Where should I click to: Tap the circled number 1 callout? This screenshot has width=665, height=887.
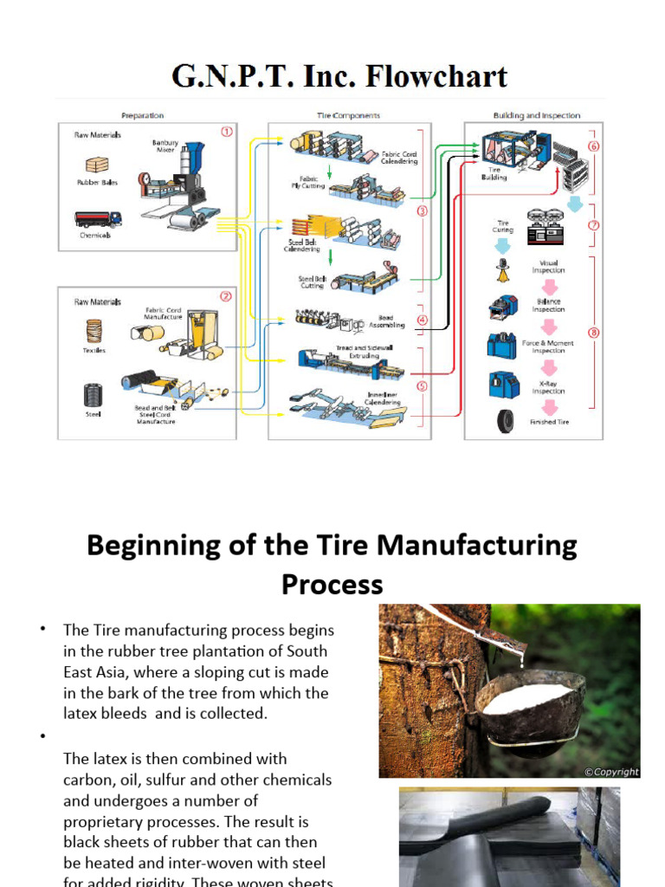(x=227, y=133)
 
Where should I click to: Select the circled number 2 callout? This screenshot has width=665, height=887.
(x=226, y=295)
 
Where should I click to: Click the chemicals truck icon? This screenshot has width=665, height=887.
(x=97, y=220)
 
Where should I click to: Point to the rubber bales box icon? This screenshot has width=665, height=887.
(x=97, y=165)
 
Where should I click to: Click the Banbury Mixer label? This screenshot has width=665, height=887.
(x=165, y=145)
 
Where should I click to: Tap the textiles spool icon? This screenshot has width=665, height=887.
(x=94, y=331)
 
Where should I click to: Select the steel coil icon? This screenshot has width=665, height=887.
(x=94, y=395)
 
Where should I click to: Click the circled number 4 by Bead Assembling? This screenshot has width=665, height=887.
(x=422, y=320)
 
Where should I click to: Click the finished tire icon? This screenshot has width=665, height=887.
(x=505, y=421)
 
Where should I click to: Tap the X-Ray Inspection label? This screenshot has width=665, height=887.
(x=548, y=386)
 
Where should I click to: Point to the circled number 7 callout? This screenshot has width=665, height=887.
(x=594, y=225)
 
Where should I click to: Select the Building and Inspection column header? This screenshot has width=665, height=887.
(x=536, y=115)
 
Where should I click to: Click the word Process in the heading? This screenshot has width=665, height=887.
(x=332, y=585)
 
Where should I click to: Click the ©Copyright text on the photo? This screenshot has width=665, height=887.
(x=610, y=771)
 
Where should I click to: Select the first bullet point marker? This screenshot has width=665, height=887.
(x=41, y=628)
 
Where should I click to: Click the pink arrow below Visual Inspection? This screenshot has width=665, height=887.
(x=549, y=287)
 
